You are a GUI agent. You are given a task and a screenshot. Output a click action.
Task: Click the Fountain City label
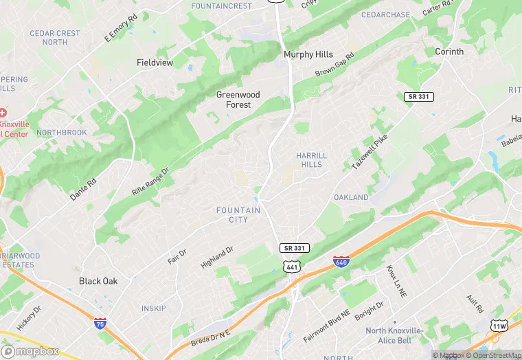pos(238,215)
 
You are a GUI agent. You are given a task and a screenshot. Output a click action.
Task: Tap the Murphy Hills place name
pos(308,54)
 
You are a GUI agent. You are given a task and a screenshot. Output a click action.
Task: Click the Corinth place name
pos(449,52)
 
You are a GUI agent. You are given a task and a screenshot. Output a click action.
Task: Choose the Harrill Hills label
pos(312,160)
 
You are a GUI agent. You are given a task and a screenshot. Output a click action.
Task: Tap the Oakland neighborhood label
pos(351,197)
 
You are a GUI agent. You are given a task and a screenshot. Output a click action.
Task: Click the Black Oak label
pos(98,281)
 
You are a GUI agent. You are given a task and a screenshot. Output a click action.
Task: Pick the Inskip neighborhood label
pos(154,308)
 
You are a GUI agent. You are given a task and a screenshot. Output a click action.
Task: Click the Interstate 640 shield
pos(341,262)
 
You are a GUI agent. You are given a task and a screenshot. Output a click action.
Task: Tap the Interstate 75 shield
pos(100,323)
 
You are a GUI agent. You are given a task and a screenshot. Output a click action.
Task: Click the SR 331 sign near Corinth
pos(419,97)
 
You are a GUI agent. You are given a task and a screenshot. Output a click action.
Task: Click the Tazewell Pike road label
pos(370,153)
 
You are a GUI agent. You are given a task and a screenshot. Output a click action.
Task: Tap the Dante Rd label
pos(82,188)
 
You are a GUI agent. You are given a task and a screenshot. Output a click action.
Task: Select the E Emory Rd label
pos(117,31)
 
